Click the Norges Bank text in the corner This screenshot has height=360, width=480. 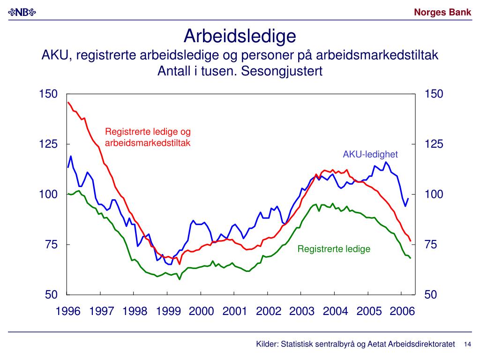click(442, 13)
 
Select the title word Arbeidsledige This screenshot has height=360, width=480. click(240, 36)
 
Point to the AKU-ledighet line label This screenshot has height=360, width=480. click(370, 154)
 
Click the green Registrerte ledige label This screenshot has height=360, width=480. click(334, 249)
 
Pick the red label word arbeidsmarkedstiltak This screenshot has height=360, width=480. click(148, 143)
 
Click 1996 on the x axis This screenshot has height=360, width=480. click(69, 311)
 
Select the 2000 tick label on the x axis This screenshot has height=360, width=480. click(202, 311)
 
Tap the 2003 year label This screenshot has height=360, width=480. click(302, 311)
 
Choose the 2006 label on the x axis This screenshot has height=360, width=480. click(402, 311)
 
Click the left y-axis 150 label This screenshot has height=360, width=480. click(48, 94)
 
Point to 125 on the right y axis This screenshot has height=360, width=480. click(434, 144)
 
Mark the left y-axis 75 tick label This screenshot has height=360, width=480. click(51, 245)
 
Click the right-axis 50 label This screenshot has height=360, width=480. click(431, 295)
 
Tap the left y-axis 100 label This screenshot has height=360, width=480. click(48, 195)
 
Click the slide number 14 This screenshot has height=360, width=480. click(467, 345)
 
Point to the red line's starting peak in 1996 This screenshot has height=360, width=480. click(68, 102)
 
